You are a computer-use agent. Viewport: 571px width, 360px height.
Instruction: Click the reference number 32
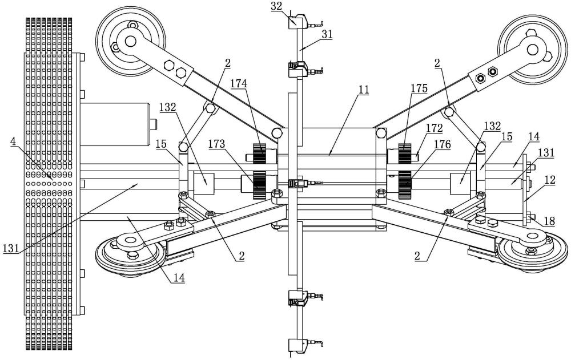pos(277,6)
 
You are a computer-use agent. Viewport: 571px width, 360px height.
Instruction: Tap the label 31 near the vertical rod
pos(327,34)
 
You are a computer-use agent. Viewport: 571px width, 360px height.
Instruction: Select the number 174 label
pos(239,84)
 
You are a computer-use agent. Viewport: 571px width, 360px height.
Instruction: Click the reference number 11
pos(364,90)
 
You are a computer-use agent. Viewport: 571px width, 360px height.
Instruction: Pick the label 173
pos(216,144)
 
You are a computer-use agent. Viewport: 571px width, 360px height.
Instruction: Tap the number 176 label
pos(442,144)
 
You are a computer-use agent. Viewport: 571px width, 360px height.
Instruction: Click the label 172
pos(435,128)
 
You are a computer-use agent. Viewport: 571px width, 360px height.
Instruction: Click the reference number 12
pos(550,180)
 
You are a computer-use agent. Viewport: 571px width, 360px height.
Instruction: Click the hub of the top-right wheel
pos(532,50)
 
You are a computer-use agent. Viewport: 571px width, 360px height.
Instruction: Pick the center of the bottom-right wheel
pos(533,240)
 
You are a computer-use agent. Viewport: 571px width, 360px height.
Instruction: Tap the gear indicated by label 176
pos(405,185)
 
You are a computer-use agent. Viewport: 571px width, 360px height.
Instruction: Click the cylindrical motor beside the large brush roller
pos(115,124)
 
